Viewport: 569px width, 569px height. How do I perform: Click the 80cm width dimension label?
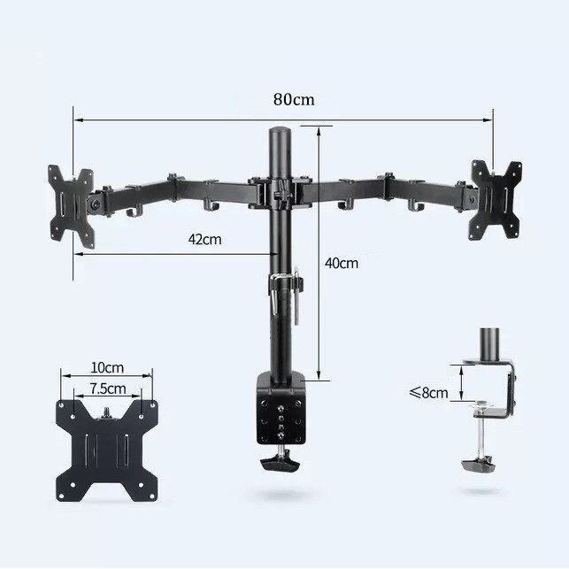point(294,99)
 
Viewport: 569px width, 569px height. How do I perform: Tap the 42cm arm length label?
point(204,240)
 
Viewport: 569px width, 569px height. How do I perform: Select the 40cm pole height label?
point(341,263)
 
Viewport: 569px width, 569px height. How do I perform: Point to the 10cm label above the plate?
point(107,367)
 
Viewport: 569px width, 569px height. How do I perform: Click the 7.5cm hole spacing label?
point(108,388)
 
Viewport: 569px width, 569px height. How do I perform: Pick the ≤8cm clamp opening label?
point(429,393)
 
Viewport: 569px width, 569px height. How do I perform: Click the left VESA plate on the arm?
point(72,206)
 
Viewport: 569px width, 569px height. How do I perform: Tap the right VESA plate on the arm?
point(495,200)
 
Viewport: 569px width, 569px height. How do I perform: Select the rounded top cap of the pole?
point(279,131)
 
